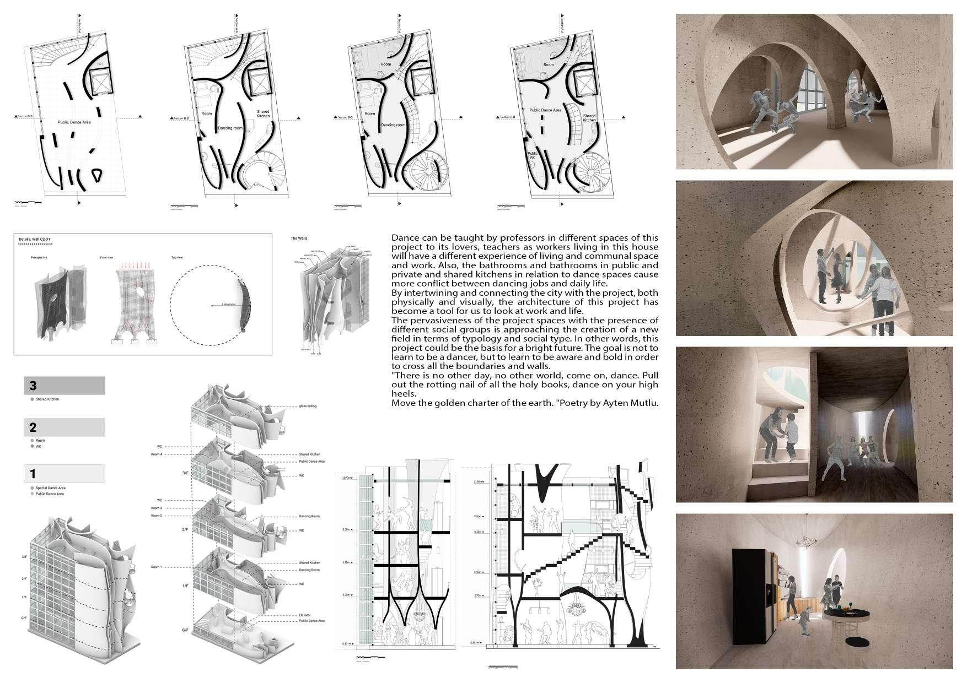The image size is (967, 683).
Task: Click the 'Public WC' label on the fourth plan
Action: (x=532, y=156)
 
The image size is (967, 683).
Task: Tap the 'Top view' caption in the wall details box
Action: (x=178, y=257)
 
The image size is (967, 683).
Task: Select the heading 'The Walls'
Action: (x=299, y=238)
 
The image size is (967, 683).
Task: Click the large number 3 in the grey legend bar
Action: (x=33, y=386)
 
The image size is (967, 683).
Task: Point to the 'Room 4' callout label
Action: (x=157, y=454)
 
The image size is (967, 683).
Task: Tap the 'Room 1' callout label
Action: (x=157, y=567)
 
